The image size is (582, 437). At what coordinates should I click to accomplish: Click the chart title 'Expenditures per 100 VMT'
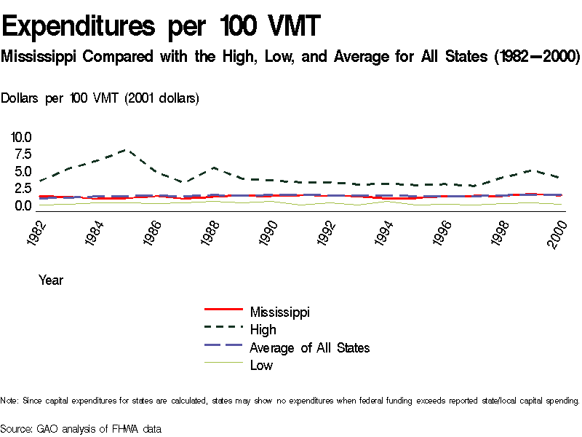pos(161,27)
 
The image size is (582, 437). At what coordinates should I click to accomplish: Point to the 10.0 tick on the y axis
pos(21,137)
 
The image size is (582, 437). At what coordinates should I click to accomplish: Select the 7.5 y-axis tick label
pos(21,154)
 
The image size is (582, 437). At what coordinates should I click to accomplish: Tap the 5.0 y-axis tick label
pos(21,172)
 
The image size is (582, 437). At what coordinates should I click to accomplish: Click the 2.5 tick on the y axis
pos(21,189)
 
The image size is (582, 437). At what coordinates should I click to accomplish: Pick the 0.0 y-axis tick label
pos(21,206)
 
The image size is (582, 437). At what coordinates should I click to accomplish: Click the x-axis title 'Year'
pos(51,280)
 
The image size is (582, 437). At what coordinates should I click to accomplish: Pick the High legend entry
pos(263,330)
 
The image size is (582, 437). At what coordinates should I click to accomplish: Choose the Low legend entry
pos(261,366)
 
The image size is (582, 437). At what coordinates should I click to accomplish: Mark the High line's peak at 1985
pos(127,149)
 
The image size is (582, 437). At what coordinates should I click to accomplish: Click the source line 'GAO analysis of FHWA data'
pos(81,429)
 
